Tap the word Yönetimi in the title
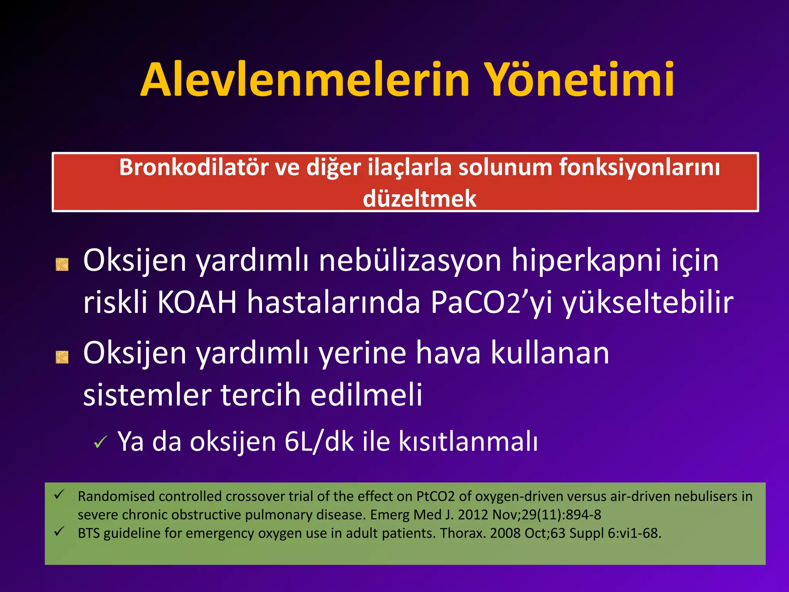pyautogui.click(x=578, y=80)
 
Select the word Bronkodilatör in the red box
pyautogui.click(x=193, y=168)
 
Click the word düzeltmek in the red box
pyautogui.click(x=419, y=199)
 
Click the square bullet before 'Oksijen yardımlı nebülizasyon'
pyautogui.click(x=62, y=264)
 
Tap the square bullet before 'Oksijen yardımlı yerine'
pyautogui.click(x=62, y=357)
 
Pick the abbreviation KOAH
pyautogui.click(x=197, y=303)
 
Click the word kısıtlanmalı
pyautogui.click(x=468, y=442)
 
